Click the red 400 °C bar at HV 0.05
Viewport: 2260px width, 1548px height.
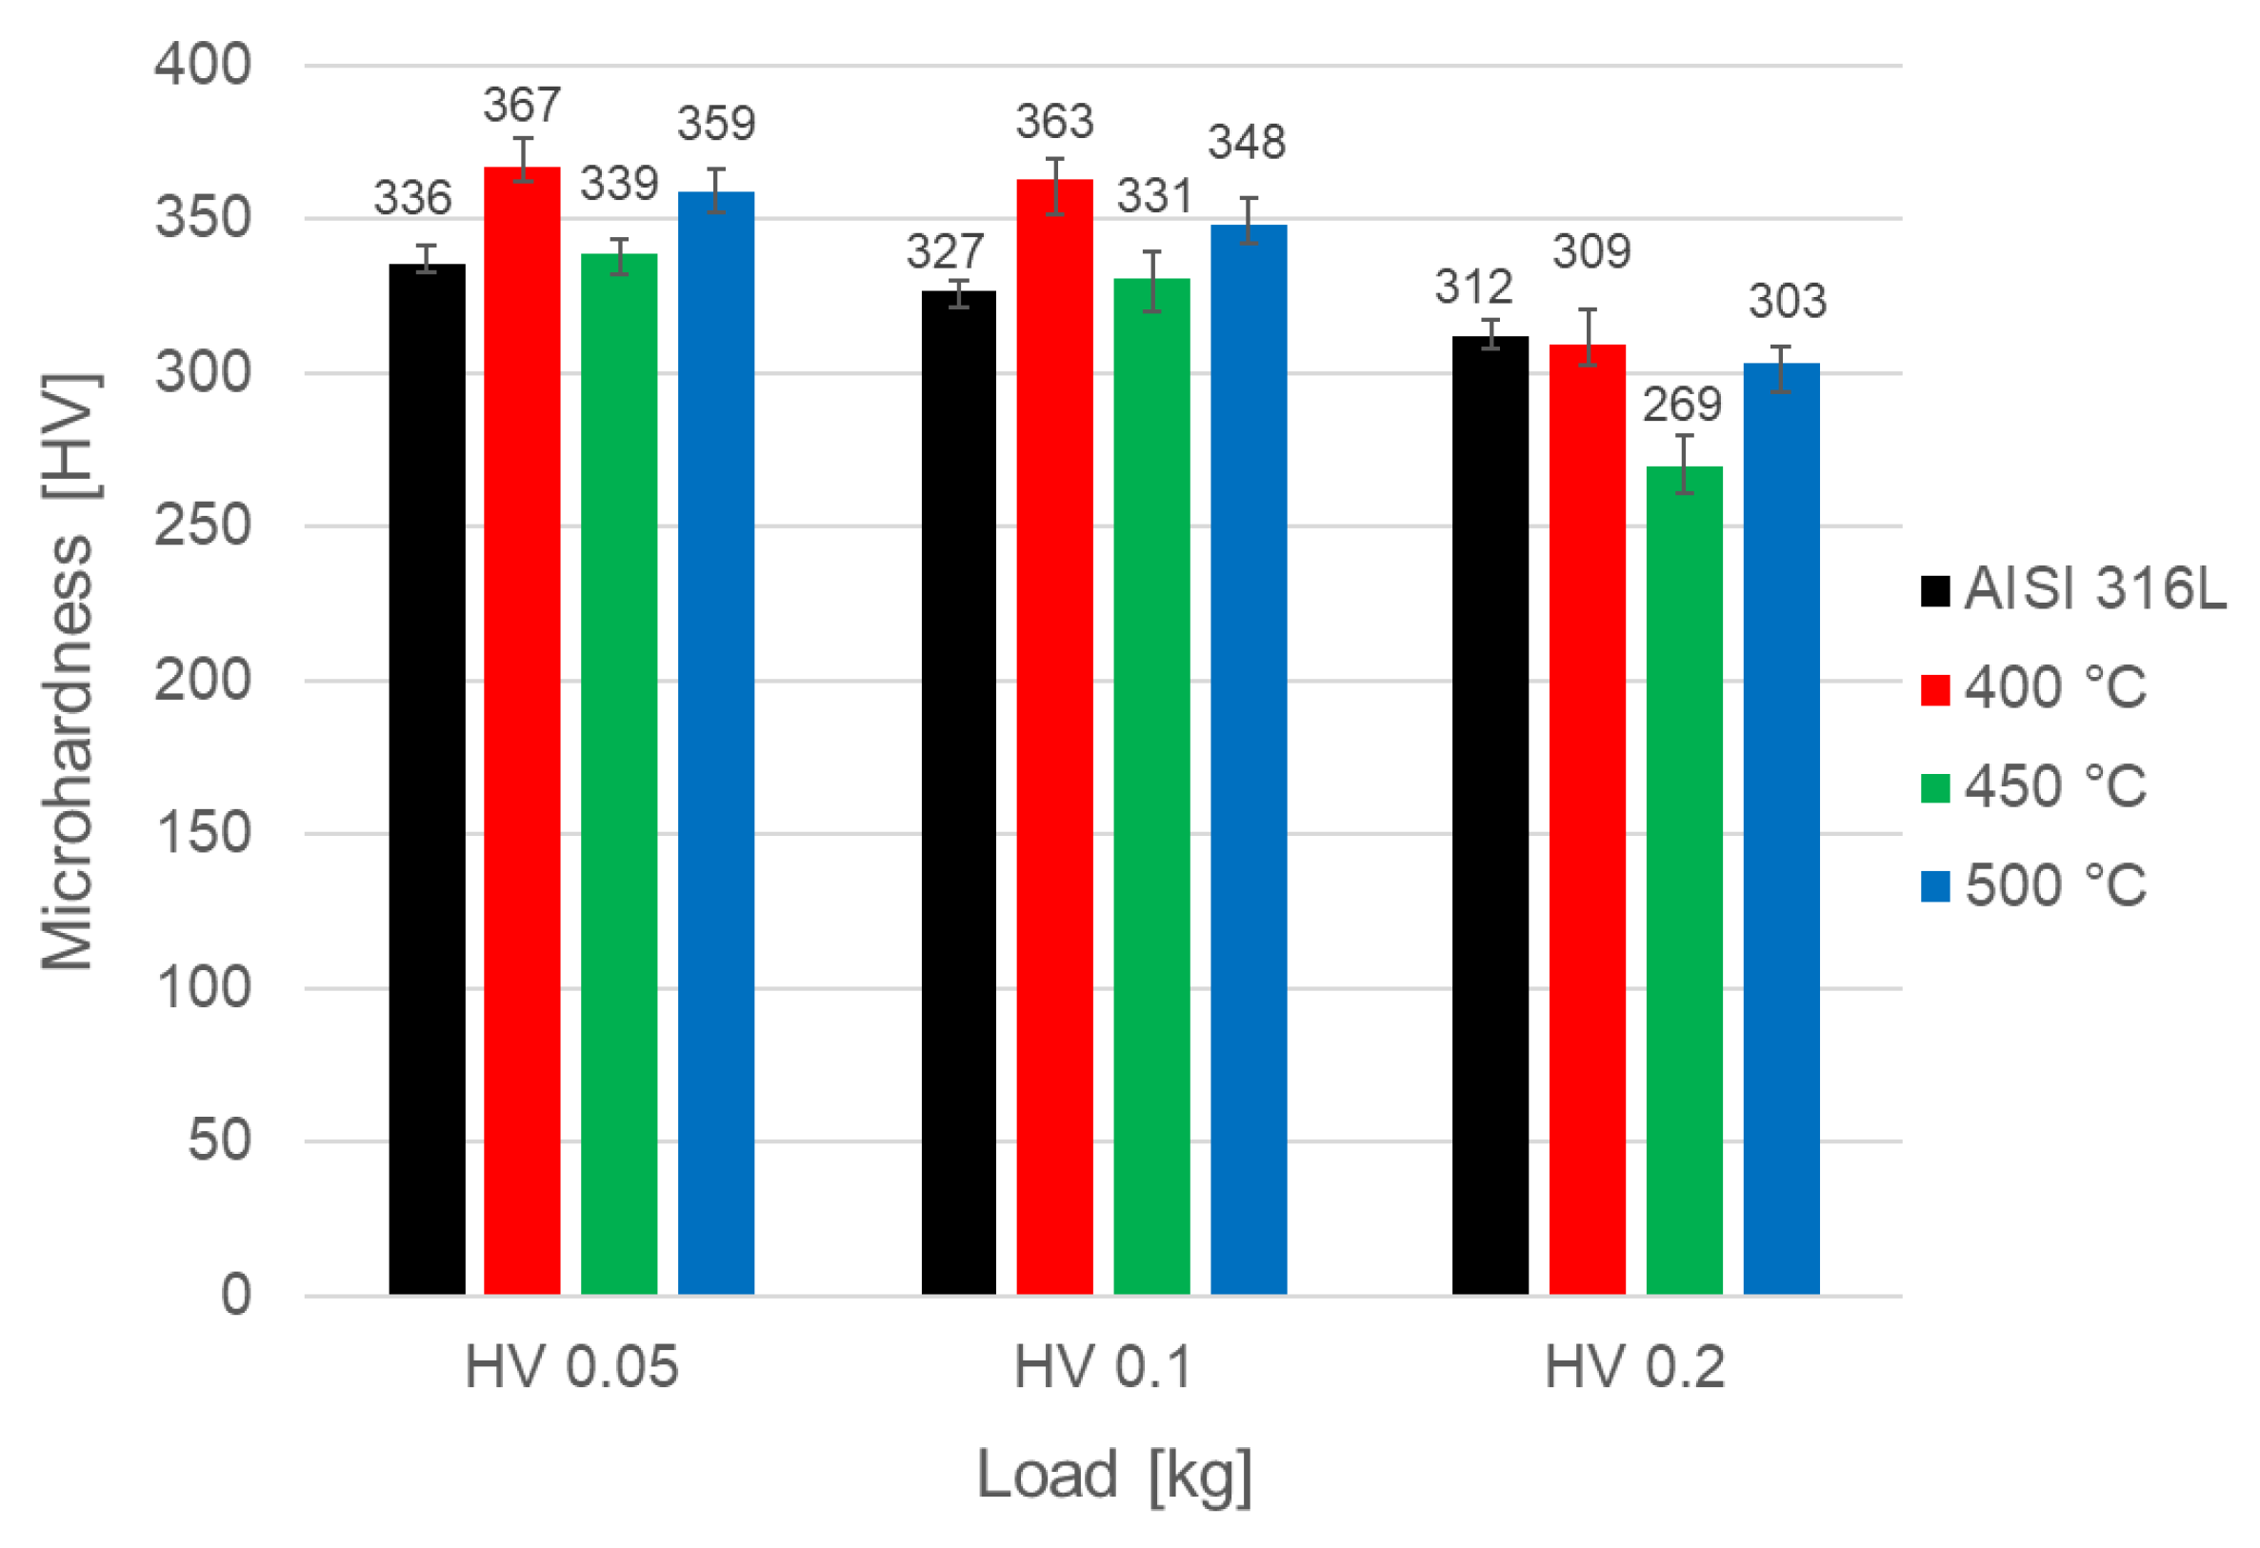point(522,729)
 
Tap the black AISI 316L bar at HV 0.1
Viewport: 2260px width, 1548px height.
point(959,792)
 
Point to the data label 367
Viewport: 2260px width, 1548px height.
point(522,105)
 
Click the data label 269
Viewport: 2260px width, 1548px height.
point(1681,405)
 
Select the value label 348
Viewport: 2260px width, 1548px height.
point(1247,143)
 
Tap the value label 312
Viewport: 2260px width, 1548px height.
point(1473,288)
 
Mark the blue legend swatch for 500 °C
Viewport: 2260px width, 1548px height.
point(1935,885)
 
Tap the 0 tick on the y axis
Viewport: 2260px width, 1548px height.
point(235,1295)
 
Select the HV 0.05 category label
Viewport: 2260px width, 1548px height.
point(570,1367)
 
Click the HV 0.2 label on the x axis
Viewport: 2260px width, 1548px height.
point(1634,1367)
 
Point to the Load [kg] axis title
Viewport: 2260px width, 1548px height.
point(1114,1475)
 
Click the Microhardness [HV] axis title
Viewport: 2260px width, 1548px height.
point(68,671)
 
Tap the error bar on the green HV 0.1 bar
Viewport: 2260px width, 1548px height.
point(1151,281)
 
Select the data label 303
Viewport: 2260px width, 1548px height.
point(1788,302)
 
